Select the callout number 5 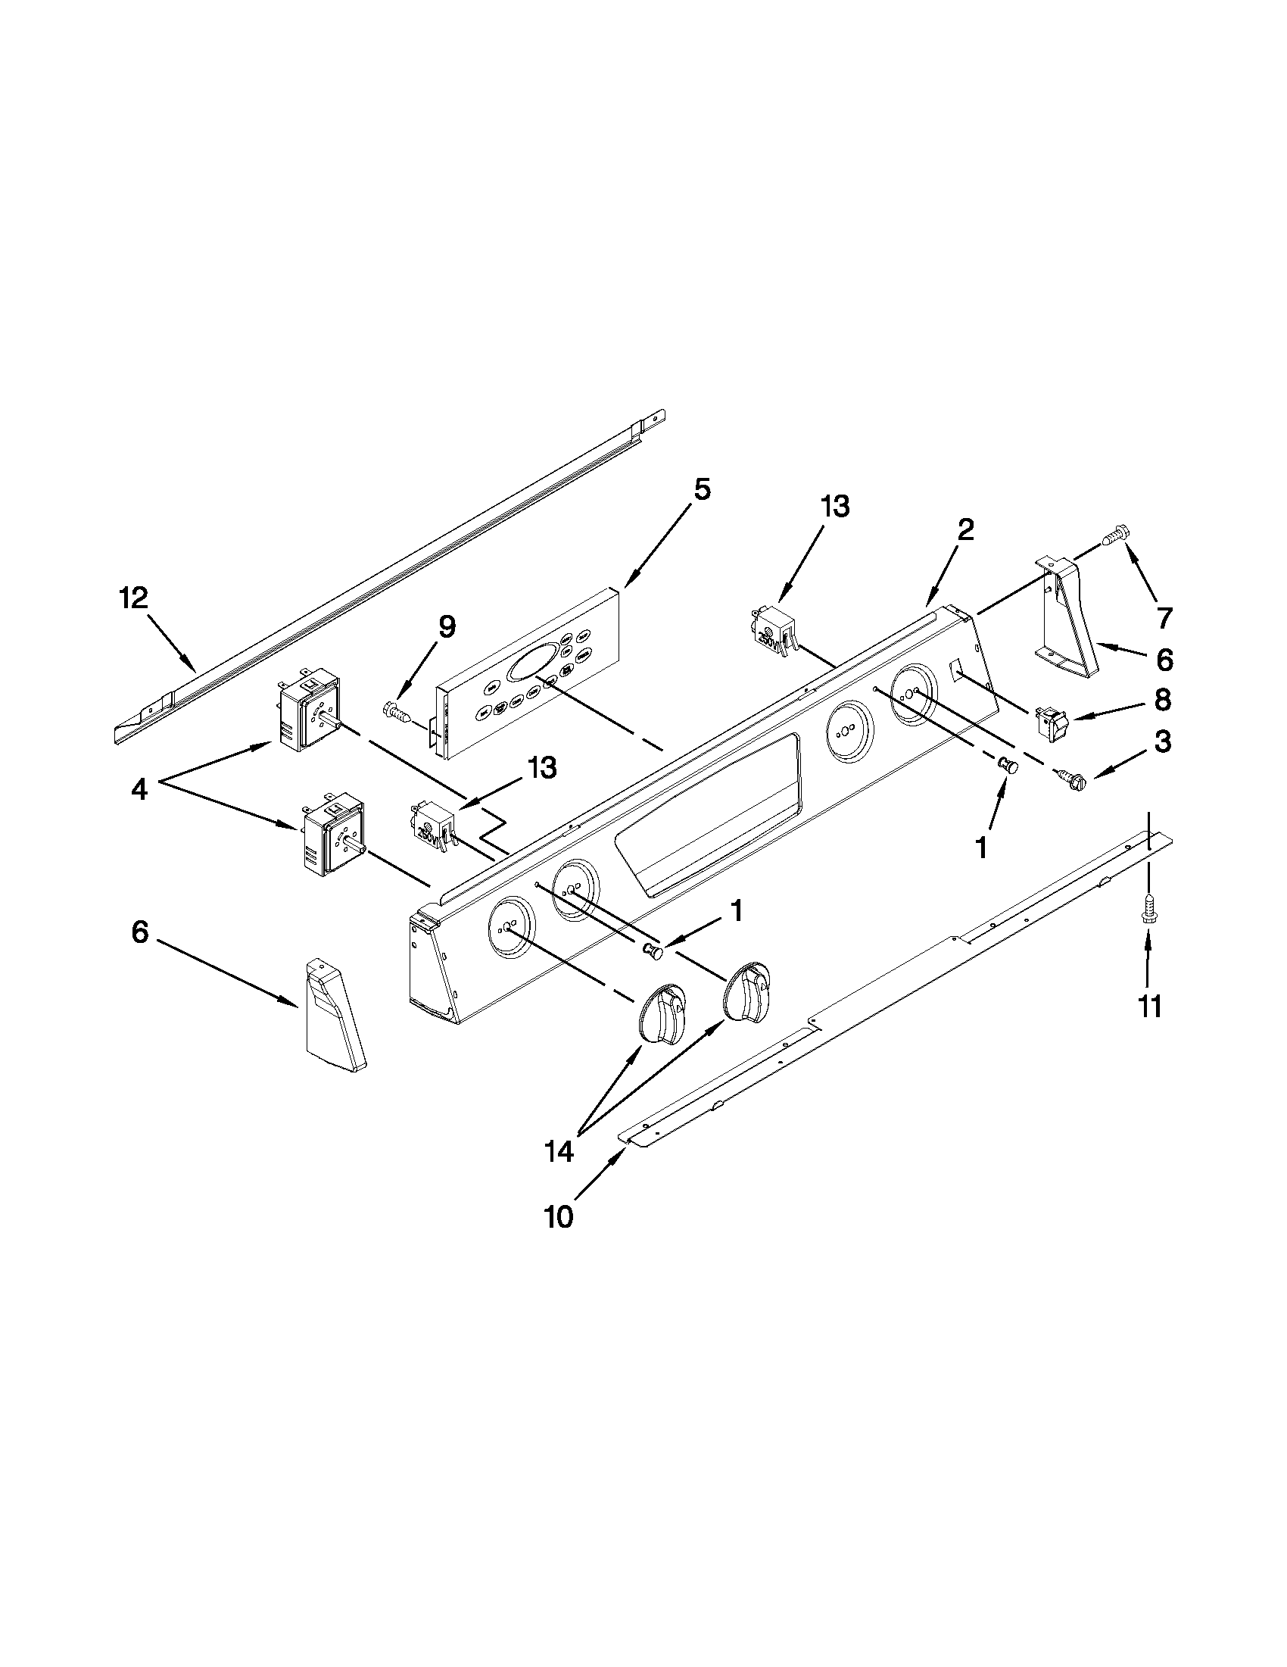[702, 489]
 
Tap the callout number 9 [447, 626]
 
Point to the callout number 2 [965, 529]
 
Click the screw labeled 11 [1148, 910]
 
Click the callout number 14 [559, 1151]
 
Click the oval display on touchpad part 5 [532, 662]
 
